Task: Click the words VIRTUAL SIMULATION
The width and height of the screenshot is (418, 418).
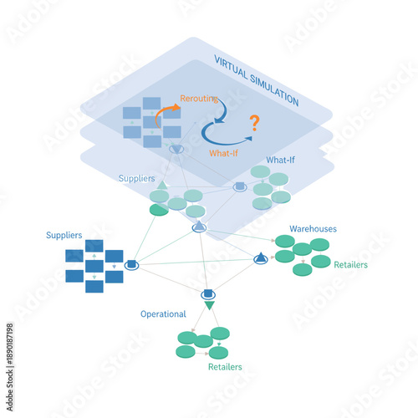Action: [x=255, y=80]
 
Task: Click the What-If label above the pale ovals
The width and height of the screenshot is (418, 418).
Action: [x=279, y=160]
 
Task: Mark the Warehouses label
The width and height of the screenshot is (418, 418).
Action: [x=313, y=228]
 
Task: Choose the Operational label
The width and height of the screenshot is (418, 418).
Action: [x=162, y=314]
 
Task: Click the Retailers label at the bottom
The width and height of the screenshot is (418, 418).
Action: [x=225, y=367]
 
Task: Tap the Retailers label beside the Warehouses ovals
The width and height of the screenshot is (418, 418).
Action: [x=350, y=265]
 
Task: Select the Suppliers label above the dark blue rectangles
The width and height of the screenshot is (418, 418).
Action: [x=64, y=236]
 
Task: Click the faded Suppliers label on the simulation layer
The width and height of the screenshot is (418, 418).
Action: [x=136, y=177]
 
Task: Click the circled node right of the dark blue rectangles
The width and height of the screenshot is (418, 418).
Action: [x=131, y=265]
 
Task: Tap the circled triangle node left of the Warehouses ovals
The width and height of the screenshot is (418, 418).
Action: [x=261, y=259]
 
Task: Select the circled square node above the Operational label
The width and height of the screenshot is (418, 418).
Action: [x=208, y=293]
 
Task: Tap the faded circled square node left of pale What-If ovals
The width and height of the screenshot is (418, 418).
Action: [x=239, y=186]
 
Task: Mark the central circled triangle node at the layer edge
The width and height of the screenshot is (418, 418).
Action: [x=199, y=227]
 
